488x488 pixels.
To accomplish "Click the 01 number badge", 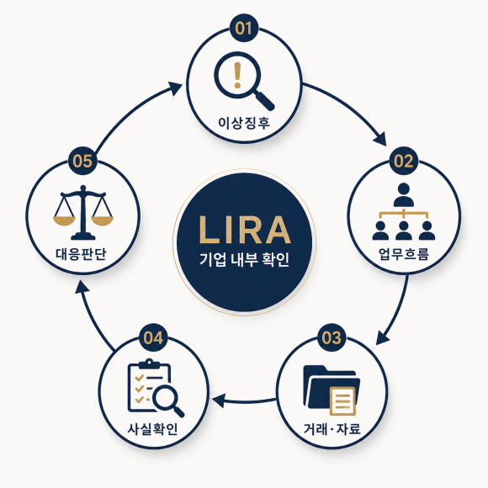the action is click(x=244, y=28).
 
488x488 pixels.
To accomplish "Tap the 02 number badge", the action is click(x=404, y=161).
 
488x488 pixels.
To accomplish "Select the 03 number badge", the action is click(x=332, y=337).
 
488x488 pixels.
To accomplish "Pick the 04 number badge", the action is click(x=153, y=337).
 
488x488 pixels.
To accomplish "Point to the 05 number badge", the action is click(x=82, y=161).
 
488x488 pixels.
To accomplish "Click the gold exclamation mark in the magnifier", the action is click(x=237, y=76).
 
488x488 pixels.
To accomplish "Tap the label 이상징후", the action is click(x=244, y=123).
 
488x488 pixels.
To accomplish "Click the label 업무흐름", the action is click(x=404, y=253).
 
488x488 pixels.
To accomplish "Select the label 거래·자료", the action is click(x=332, y=429).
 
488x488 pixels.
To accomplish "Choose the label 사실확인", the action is click(x=153, y=429).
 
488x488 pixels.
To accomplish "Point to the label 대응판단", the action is click(x=82, y=253).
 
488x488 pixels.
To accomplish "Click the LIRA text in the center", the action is click(x=244, y=230).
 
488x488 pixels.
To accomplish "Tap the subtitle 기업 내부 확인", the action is click(x=244, y=259).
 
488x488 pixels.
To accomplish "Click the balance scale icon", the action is click(x=83, y=213).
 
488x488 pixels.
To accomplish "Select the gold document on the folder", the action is click(x=342, y=400).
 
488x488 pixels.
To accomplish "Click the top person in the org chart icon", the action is click(x=404, y=194).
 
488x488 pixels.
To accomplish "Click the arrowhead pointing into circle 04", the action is click(x=219, y=400).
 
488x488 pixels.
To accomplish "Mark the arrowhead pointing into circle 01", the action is click(x=175, y=88).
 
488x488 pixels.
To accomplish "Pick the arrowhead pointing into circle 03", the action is click(x=383, y=338).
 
